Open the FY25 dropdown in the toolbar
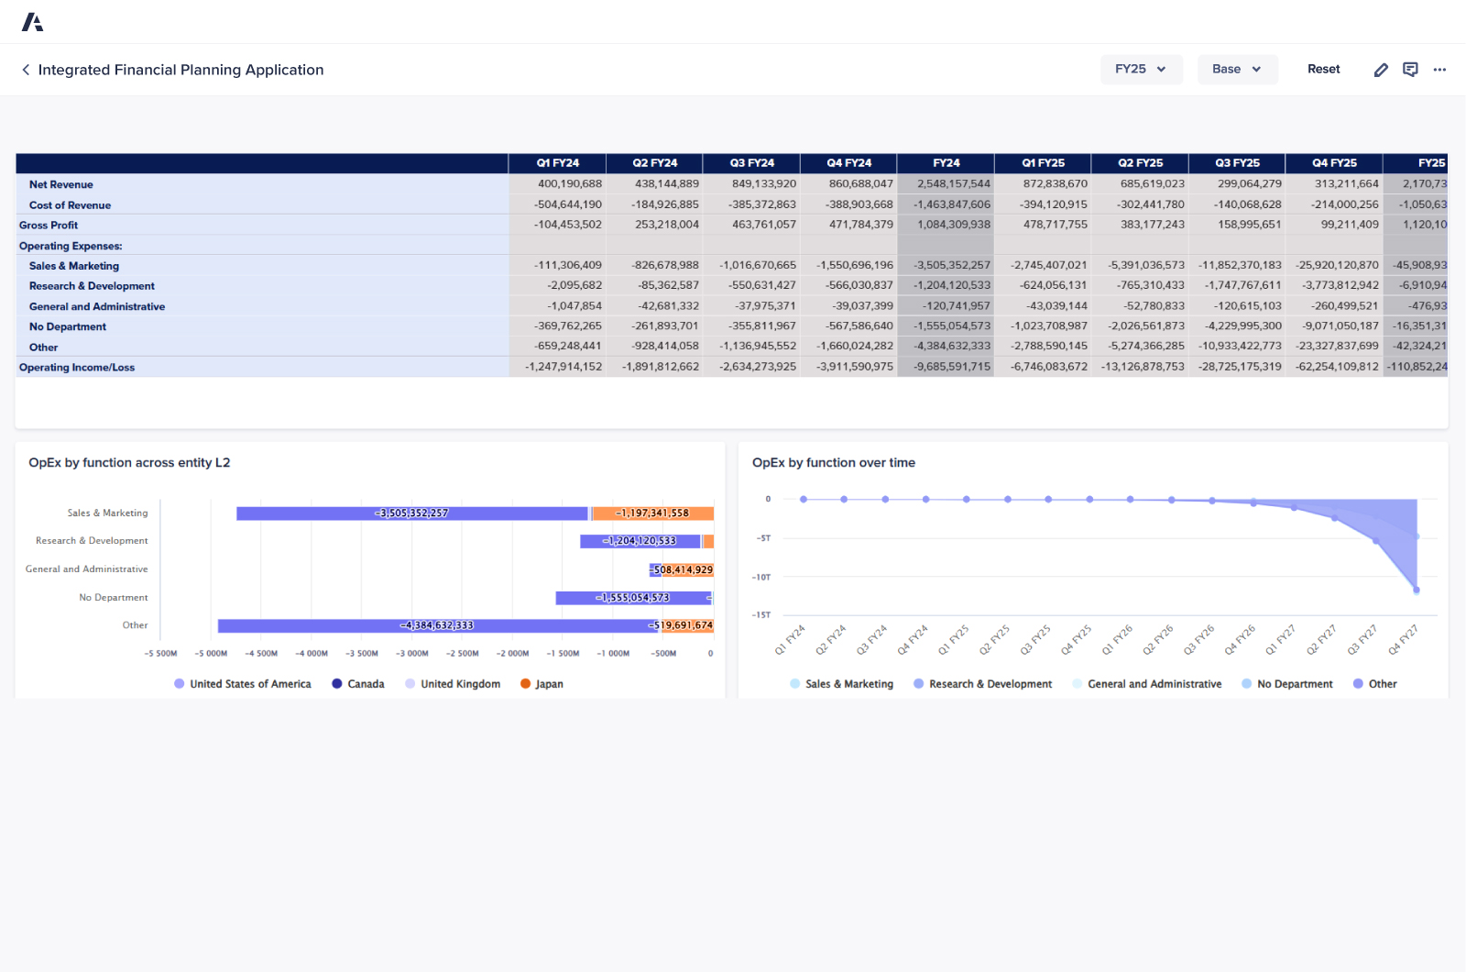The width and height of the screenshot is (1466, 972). click(1141, 70)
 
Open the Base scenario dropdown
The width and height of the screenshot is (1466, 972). click(1237, 70)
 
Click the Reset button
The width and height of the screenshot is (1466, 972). click(1323, 70)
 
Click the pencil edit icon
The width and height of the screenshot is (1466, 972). click(1381, 70)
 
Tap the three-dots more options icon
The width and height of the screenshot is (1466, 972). click(1439, 70)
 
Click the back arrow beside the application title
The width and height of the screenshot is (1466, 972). click(26, 70)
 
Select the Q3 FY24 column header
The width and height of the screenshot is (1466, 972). click(751, 163)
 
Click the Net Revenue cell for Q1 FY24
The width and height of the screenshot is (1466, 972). click(569, 184)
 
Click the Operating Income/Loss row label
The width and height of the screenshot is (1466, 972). click(77, 368)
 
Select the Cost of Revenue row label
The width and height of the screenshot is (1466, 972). click(70, 205)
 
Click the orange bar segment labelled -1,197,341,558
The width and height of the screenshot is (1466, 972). click(652, 514)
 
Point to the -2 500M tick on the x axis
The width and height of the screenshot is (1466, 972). click(462, 654)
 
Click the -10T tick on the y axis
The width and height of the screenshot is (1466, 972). click(761, 578)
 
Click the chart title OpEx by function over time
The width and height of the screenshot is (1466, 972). click(833, 463)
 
